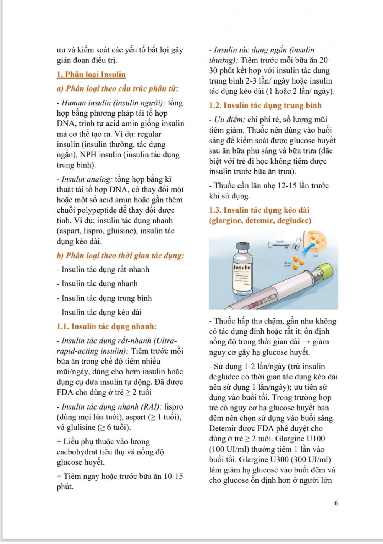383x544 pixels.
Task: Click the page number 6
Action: pos(336,503)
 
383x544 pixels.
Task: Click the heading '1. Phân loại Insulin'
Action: pos(91,74)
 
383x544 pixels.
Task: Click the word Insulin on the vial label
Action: pos(242,267)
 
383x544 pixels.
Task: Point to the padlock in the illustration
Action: pos(296,244)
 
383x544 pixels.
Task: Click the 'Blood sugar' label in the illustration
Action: pos(287,264)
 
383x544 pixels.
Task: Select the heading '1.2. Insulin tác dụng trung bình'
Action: pos(265,105)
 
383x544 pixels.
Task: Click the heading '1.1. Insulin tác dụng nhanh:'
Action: pos(106,326)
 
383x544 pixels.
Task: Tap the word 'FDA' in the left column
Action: pos(65,392)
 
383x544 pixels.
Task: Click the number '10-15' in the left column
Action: pos(173,476)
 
